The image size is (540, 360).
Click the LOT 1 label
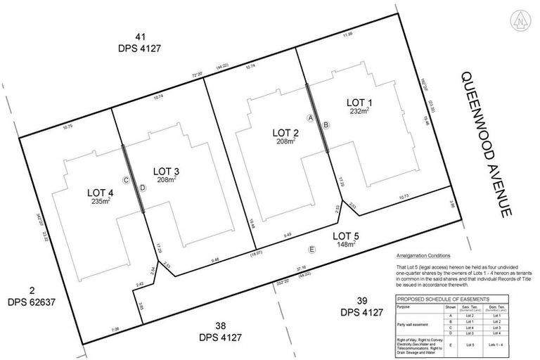(x=359, y=103)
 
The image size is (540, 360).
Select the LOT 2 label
(x=285, y=131)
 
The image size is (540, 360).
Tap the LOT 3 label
(x=167, y=171)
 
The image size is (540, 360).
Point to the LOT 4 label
(x=100, y=192)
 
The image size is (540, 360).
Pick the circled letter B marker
(x=326, y=124)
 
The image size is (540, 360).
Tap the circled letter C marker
(x=127, y=180)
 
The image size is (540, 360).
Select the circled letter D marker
(x=142, y=187)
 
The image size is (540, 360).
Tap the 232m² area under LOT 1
(x=360, y=111)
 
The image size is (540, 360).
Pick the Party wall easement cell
(x=414, y=324)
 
